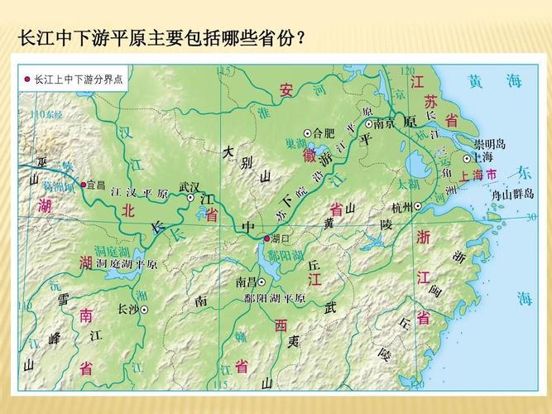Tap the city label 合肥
[x=324, y=132]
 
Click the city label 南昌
[x=247, y=282]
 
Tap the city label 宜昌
[x=96, y=185]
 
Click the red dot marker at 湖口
[x=266, y=238]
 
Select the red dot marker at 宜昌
[x=83, y=184]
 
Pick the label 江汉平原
[x=139, y=193]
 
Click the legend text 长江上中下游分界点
[x=79, y=79]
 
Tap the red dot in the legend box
[x=27, y=79]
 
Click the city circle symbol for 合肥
[x=308, y=132]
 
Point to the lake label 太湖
[x=408, y=182]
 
